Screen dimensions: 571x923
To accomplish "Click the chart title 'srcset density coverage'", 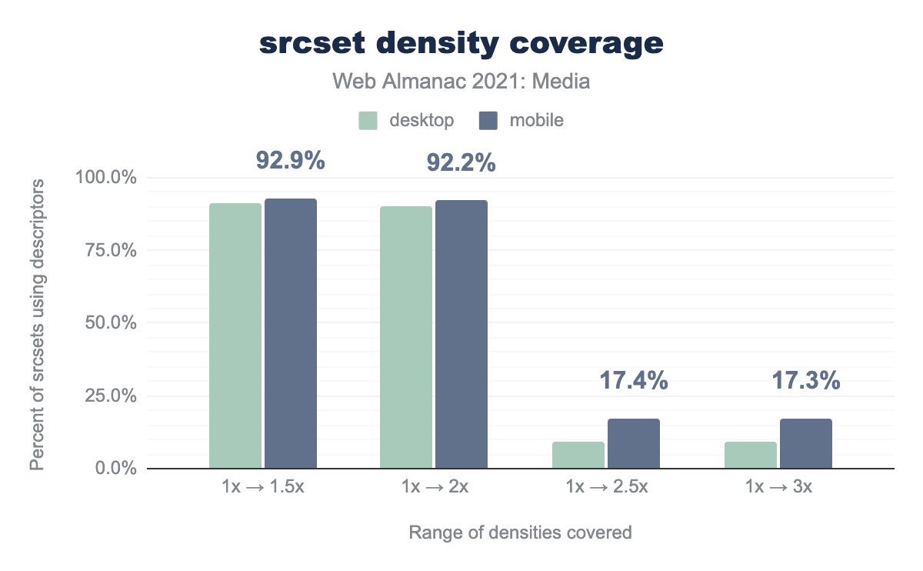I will (x=461, y=44).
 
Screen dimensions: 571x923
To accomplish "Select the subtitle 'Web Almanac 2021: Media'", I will (x=461, y=81).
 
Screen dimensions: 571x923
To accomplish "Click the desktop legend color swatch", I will (x=368, y=121).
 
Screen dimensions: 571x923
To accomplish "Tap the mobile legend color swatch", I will (x=488, y=121).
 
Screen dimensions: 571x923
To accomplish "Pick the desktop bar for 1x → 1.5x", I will (x=235, y=336).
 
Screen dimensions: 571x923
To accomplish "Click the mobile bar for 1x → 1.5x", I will (x=291, y=333).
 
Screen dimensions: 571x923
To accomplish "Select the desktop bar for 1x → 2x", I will (x=406, y=337).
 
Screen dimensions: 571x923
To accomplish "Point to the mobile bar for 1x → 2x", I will (x=461, y=334).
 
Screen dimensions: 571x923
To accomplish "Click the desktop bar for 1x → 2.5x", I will (x=578, y=455).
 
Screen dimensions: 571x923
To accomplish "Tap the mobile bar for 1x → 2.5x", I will (x=634, y=443).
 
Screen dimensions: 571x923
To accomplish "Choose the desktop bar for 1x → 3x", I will (x=751, y=455).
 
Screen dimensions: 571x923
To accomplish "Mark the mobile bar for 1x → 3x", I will (x=806, y=443).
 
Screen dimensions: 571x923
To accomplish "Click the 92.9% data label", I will (x=290, y=162).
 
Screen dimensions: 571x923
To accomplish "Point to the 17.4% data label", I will (x=633, y=380).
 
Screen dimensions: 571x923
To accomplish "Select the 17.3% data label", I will (x=805, y=380).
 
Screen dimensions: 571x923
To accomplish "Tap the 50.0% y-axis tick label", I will (x=110, y=323).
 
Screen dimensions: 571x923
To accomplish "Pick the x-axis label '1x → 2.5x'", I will (x=606, y=487).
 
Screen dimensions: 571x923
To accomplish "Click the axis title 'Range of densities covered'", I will (x=520, y=533).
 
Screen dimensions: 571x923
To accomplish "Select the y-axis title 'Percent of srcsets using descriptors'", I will (x=37, y=324).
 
